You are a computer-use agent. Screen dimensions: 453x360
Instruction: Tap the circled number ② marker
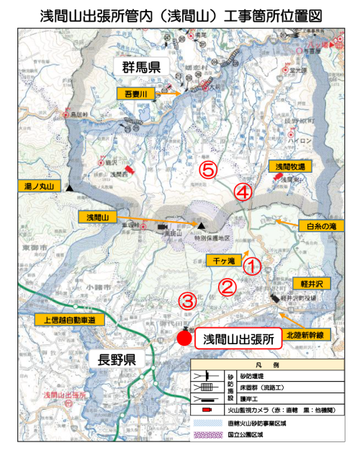coord(228,287)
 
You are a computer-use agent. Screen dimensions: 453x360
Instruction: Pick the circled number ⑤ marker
coord(207,170)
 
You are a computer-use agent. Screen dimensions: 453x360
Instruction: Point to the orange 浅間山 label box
coord(96,216)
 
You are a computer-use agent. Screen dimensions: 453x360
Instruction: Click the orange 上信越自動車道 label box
coord(71,319)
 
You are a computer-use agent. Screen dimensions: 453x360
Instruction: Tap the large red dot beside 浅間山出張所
coord(184,338)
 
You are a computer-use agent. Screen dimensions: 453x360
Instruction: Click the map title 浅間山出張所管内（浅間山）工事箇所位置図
coord(180,15)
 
